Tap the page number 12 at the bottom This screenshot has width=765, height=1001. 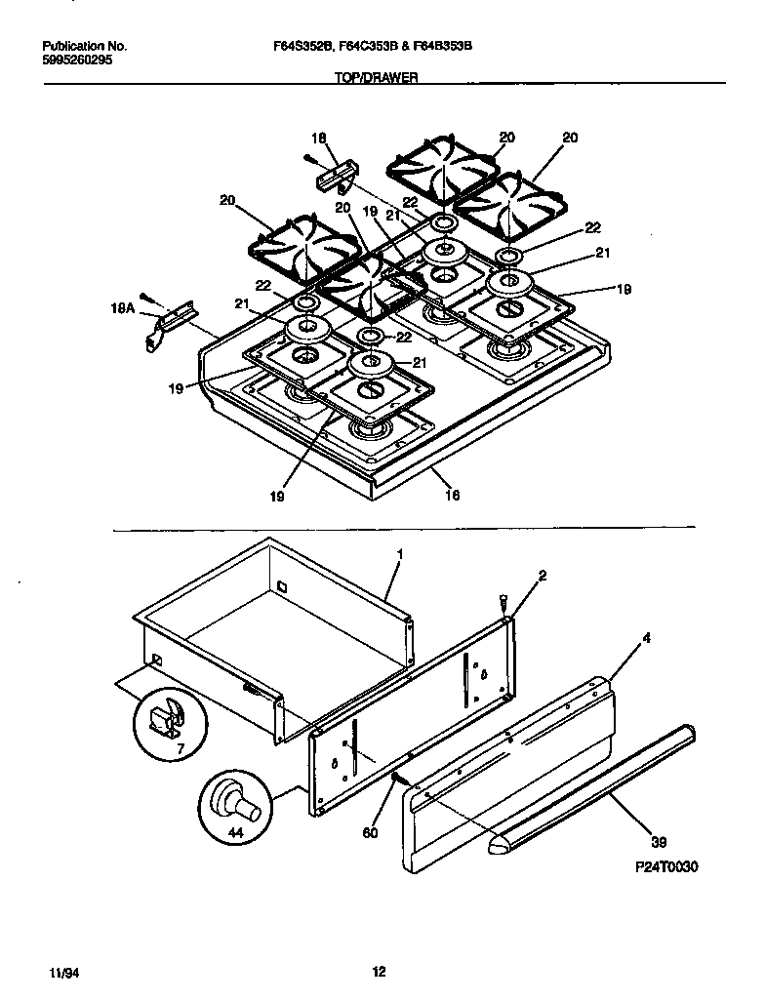(x=379, y=971)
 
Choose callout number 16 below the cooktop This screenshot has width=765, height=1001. (x=452, y=495)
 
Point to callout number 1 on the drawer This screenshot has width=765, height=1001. (x=400, y=553)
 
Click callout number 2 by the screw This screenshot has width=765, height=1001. (x=543, y=576)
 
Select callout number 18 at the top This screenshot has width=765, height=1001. (x=317, y=139)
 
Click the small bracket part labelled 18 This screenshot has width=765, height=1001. (x=336, y=179)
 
